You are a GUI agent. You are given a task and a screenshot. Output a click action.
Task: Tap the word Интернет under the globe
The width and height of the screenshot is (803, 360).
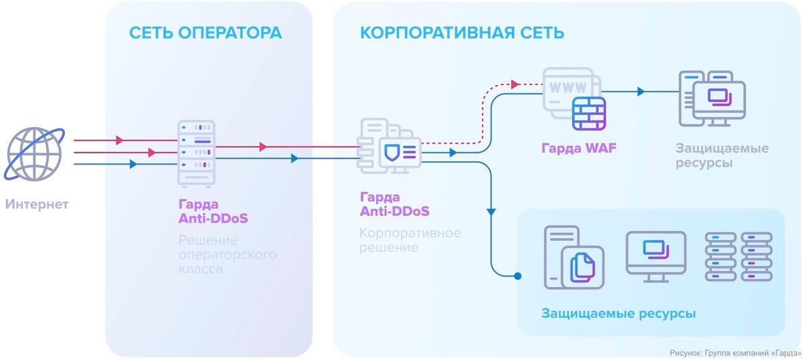click(x=37, y=204)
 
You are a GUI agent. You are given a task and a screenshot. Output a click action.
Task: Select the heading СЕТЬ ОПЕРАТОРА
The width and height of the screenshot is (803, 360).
click(x=205, y=33)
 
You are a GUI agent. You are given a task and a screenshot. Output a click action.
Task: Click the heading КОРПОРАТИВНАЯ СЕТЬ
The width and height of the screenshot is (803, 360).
click(x=462, y=33)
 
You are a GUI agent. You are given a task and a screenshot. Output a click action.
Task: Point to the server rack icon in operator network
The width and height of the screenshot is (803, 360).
click(x=196, y=154)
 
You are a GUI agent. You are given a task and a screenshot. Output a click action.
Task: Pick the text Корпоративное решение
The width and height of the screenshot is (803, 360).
click(x=410, y=240)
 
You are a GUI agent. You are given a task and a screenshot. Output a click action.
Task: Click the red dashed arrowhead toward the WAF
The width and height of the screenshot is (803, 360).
click(x=515, y=84)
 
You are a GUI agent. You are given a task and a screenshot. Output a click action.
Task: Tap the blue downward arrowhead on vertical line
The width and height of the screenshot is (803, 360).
click(x=491, y=211)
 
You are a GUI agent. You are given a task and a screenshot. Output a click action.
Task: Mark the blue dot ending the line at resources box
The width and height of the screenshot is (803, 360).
click(x=517, y=275)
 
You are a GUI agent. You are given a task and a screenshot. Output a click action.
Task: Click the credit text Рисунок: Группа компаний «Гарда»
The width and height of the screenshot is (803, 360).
click(x=735, y=352)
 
